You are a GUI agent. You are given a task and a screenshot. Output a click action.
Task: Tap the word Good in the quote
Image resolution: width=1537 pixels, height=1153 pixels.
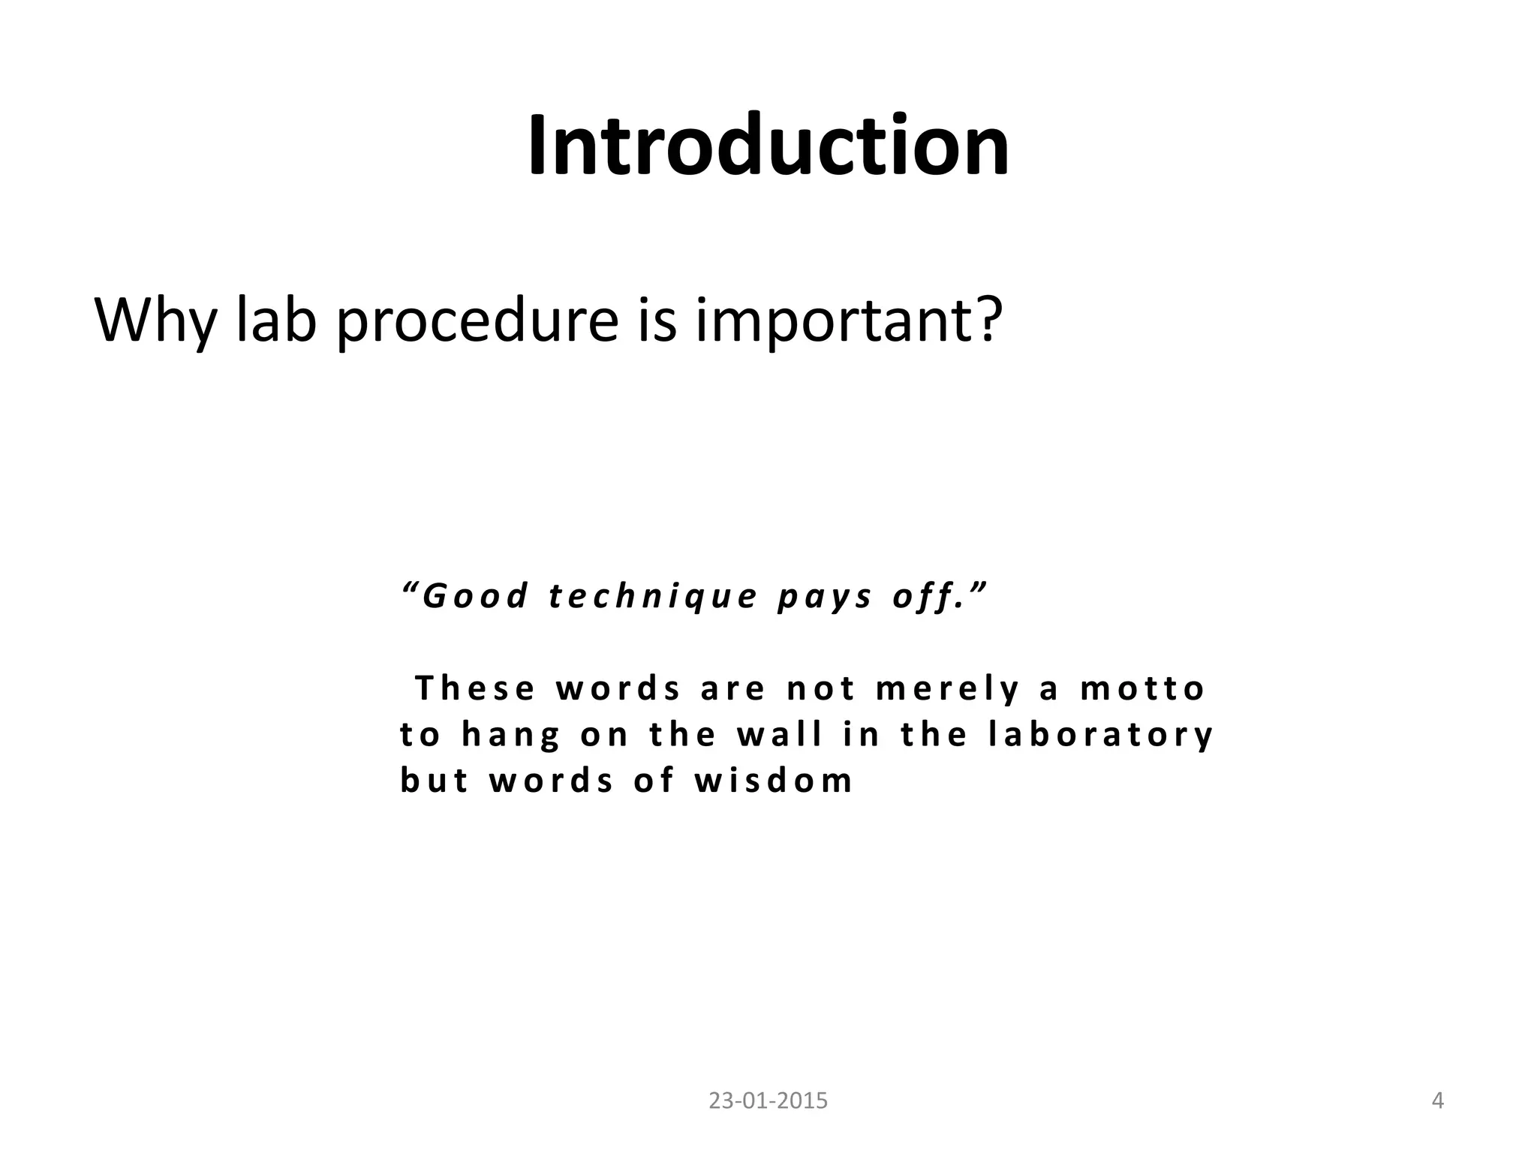(x=475, y=597)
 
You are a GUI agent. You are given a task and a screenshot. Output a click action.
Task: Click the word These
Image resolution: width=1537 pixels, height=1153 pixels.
(x=475, y=688)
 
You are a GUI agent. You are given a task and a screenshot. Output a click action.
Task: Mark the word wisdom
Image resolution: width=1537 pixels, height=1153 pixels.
(x=774, y=781)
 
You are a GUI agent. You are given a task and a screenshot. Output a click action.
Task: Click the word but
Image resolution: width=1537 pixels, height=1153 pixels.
(x=435, y=781)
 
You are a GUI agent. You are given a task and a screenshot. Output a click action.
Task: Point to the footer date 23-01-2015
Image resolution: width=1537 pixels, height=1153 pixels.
(x=768, y=1101)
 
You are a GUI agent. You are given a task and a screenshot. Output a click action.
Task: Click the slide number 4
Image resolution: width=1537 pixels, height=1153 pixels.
(x=1438, y=1101)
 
